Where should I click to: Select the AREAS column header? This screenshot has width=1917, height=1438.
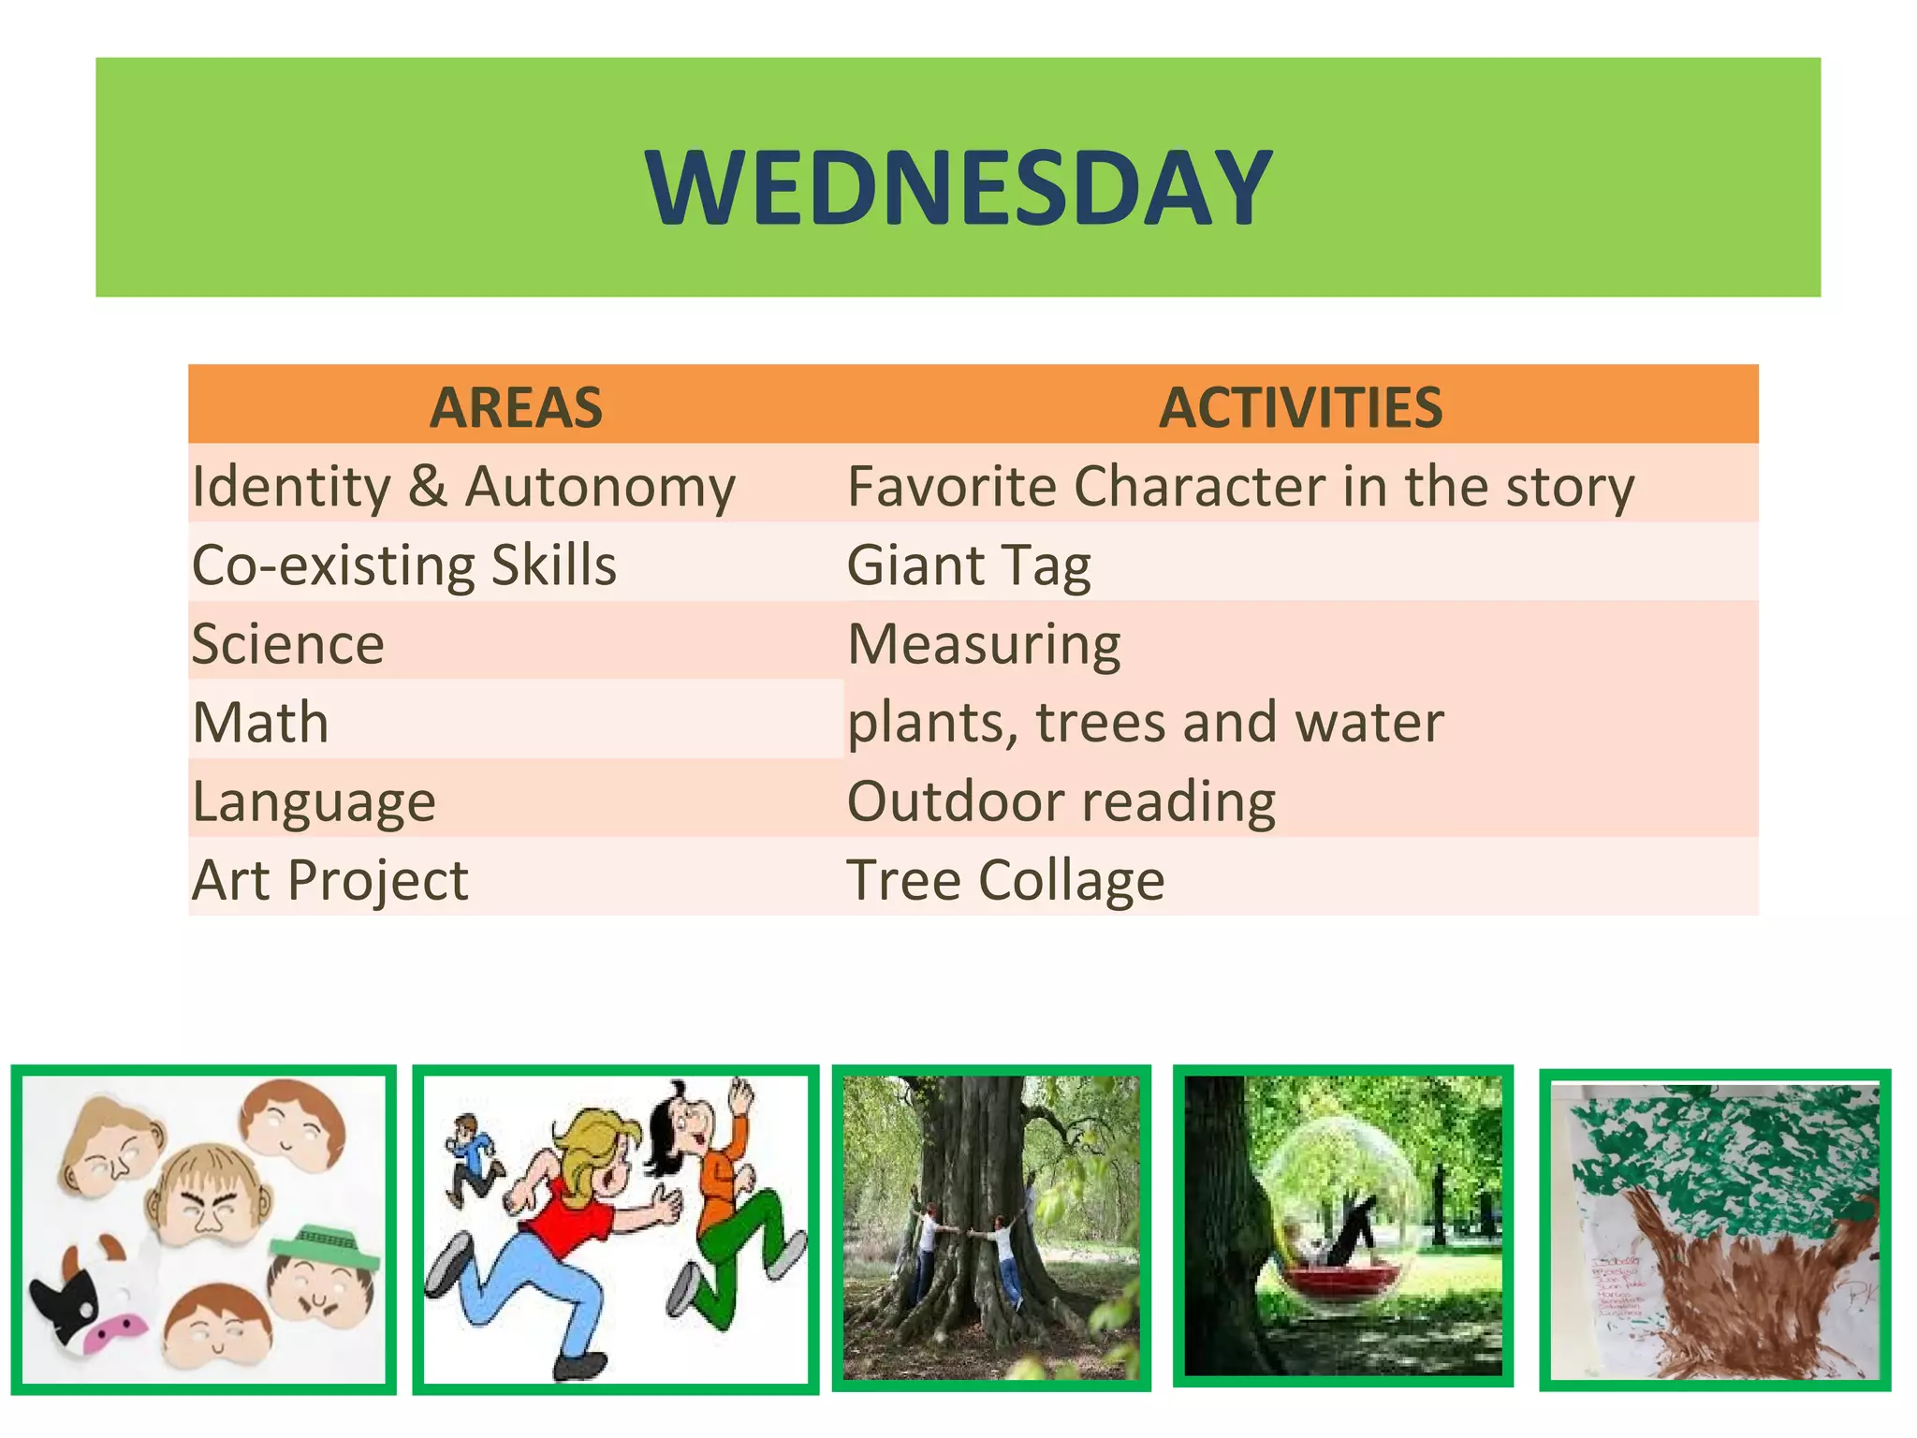click(516, 407)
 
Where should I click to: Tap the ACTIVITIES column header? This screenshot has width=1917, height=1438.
click(1300, 407)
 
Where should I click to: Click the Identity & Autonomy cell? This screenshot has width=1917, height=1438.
click(463, 487)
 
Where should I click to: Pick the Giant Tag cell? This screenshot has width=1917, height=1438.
click(969, 565)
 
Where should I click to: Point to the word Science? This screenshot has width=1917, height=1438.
click(288, 644)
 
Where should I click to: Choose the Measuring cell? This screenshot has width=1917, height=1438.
click(984, 644)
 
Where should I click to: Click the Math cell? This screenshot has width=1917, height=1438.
click(261, 723)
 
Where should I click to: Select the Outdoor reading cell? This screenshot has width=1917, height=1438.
click(1061, 802)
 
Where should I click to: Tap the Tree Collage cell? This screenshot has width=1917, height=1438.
click(1005, 881)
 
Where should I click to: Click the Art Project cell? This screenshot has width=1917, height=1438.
click(329, 881)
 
